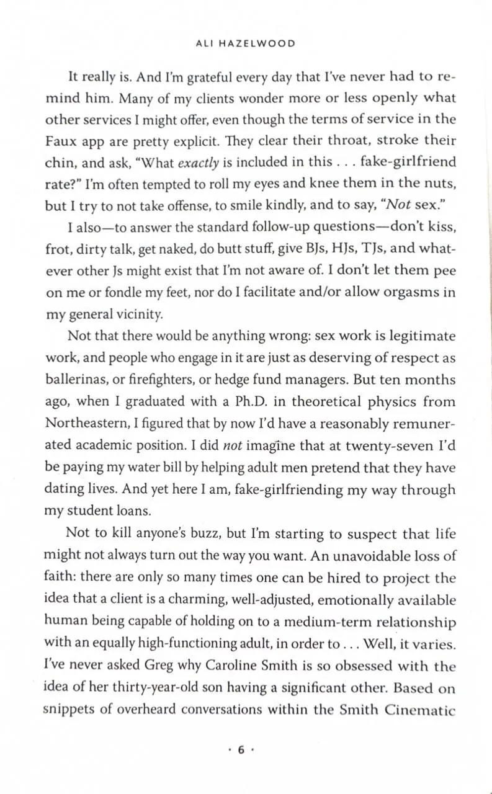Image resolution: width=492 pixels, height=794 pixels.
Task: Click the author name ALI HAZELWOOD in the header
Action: pyautogui.click(x=246, y=43)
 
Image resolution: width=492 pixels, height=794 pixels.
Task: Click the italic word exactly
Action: pyautogui.click(x=199, y=163)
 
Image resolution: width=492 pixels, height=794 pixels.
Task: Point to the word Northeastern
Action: pyautogui.click(x=84, y=424)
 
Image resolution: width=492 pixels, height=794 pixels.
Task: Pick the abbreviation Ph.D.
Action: pyautogui.click(x=261, y=402)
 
